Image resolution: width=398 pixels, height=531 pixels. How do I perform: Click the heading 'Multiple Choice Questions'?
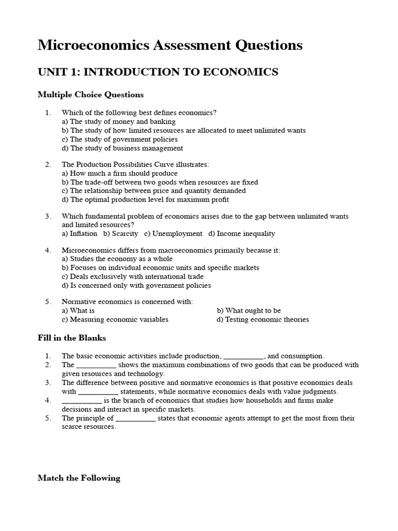click(91, 95)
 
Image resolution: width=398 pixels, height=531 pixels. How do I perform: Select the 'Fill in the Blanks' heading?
click(72, 338)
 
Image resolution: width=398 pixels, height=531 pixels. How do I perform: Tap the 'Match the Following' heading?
click(79, 478)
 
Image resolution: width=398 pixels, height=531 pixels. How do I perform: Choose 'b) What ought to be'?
click(249, 311)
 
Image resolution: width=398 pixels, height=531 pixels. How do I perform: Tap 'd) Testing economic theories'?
click(263, 319)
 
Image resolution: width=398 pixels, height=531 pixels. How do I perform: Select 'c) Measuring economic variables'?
click(115, 319)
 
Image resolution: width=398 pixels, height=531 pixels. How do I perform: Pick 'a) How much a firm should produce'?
click(120, 173)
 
